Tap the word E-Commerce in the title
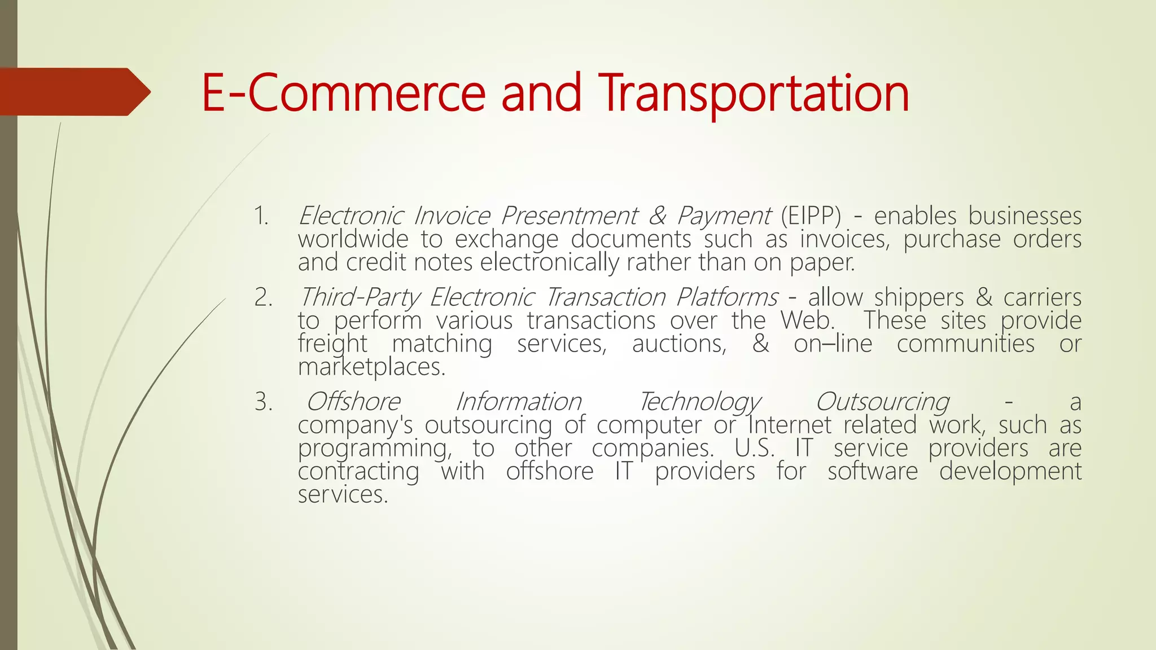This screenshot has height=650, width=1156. point(343,93)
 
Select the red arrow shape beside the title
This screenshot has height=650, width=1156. point(73,91)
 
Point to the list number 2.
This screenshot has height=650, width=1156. point(262,297)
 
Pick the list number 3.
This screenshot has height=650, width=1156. point(262,402)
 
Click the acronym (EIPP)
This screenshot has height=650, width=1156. point(811,216)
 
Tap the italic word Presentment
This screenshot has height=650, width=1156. point(569,216)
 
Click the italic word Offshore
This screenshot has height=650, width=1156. point(353,402)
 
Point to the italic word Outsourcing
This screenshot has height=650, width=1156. point(882,402)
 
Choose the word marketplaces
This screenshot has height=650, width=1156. point(371,367)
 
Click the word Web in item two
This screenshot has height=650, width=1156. point(806,320)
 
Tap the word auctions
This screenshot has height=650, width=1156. point(679,344)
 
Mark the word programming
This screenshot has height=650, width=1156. point(374,449)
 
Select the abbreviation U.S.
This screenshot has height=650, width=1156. point(755,448)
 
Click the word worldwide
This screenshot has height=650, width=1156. point(353,239)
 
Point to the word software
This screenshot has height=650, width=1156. point(873,471)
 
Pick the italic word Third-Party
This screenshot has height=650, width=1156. point(360,297)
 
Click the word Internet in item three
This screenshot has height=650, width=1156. point(790,425)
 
